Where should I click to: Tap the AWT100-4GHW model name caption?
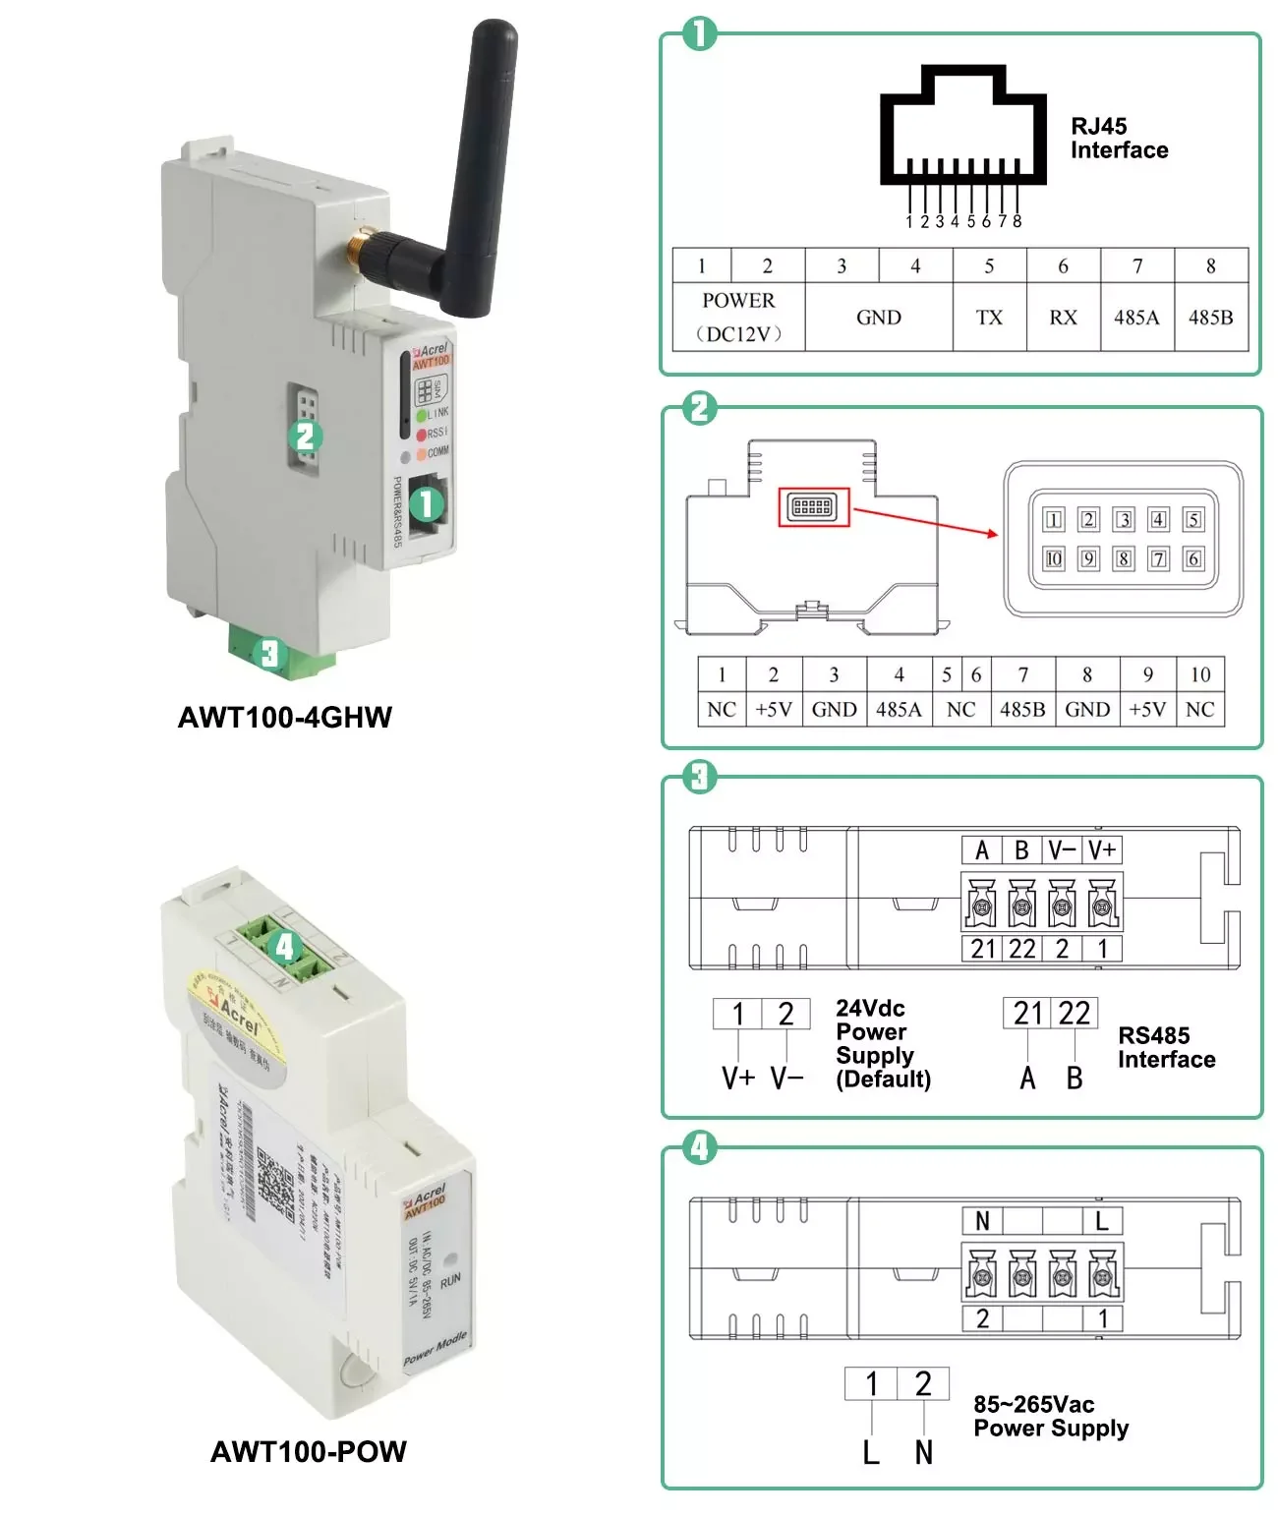pyautogui.click(x=285, y=718)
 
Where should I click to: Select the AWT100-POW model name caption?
pyautogui.click(x=309, y=1452)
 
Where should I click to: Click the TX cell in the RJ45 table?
pyautogui.click(x=989, y=318)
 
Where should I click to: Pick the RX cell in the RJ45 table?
pyautogui.click(x=1063, y=318)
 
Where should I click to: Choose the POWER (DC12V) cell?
pyautogui.click(x=738, y=317)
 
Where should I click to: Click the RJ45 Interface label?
pyautogui.click(x=1119, y=139)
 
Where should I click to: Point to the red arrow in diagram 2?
pyautogui.click(x=925, y=522)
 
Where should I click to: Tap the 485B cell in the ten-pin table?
pyautogui.click(x=1022, y=710)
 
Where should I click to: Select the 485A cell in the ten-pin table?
pyautogui.click(x=899, y=710)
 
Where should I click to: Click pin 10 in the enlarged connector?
pyautogui.click(x=1054, y=559)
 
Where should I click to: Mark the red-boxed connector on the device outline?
pyautogui.click(x=813, y=507)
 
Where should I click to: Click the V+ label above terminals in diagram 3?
pyautogui.click(x=1102, y=850)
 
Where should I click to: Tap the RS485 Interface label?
pyautogui.click(x=1166, y=1048)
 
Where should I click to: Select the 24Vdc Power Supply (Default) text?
pyautogui.click(x=883, y=1044)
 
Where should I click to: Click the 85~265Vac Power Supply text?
pyautogui.click(x=1050, y=1417)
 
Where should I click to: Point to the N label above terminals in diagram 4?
pyautogui.click(x=982, y=1221)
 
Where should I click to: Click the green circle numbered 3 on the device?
pyautogui.click(x=269, y=654)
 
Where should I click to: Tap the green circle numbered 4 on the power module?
pyautogui.click(x=285, y=947)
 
